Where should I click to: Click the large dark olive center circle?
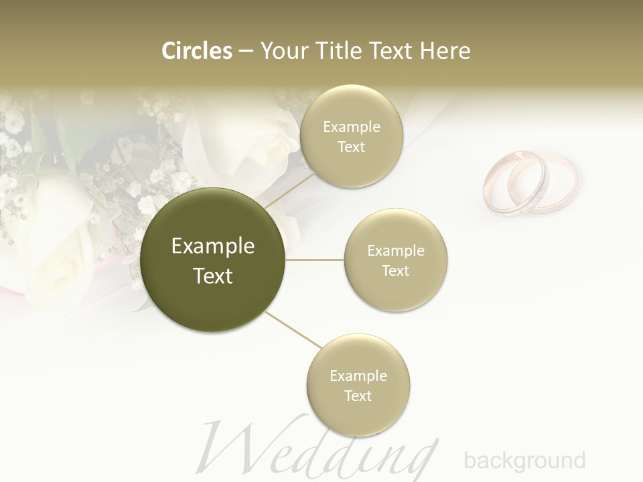pyautogui.click(x=212, y=260)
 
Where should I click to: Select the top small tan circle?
pyautogui.click(x=351, y=136)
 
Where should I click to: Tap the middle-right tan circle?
pyautogui.click(x=395, y=260)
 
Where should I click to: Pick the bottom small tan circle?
pyautogui.click(x=358, y=385)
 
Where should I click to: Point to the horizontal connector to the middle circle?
pyautogui.click(x=315, y=260)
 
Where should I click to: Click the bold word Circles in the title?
pyautogui.click(x=197, y=50)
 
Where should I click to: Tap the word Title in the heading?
pyautogui.click(x=340, y=50)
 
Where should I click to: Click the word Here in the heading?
pyautogui.click(x=445, y=50)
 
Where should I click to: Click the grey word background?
pyautogui.click(x=524, y=461)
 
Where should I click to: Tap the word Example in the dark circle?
pyautogui.click(x=212, y=246)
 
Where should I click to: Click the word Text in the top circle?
pyautogui.click(x=351, y=147)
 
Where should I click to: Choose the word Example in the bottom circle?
pyautogui.click(x=358, y=376)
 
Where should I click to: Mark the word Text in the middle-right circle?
pyautogui.click(x=395, y=270)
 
